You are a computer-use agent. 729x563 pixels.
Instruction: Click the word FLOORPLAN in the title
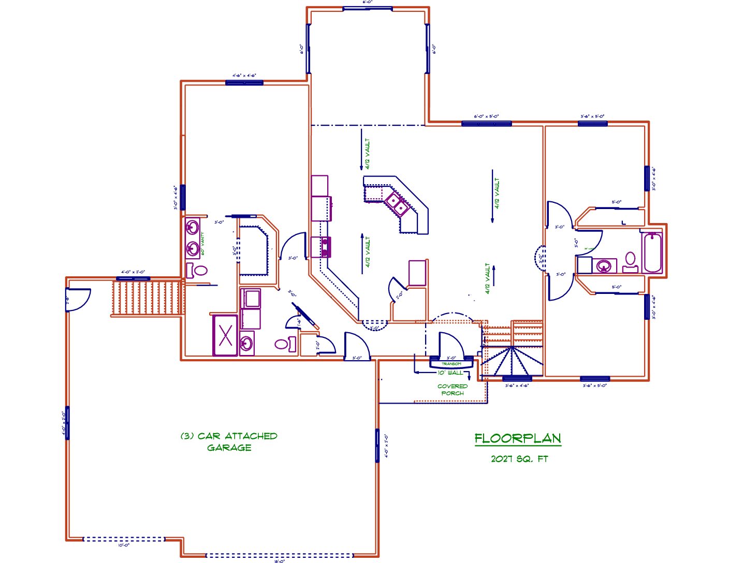pos(518,439)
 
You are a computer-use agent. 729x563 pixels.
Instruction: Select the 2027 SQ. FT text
pos(519,459)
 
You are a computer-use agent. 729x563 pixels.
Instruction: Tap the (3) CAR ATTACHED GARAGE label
pos(229,442)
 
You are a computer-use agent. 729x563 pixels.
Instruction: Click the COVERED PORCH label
pos(453,390)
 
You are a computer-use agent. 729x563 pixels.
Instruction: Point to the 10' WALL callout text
pos(450,373)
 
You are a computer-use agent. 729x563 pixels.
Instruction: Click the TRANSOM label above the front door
pos(451,364)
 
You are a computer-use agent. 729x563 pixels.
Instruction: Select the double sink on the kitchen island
pos(397,203)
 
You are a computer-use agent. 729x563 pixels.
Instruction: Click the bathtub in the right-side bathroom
pos(652,253)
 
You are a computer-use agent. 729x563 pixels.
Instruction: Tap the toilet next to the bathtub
pos(630,262)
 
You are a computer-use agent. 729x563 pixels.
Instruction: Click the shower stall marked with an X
pos(225,335)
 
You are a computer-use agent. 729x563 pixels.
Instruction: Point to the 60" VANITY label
pos(203,243)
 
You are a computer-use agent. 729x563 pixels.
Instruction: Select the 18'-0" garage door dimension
pos(280,560)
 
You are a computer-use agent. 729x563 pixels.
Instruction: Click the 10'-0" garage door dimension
pos(123,545)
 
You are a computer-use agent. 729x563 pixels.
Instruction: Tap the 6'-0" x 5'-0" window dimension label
pos(486,116)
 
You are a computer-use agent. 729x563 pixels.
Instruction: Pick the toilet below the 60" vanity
pos(197,270)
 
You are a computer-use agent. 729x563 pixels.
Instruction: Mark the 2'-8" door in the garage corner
pos(78,299)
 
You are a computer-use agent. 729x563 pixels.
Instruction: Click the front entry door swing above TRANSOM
pos(450,344)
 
